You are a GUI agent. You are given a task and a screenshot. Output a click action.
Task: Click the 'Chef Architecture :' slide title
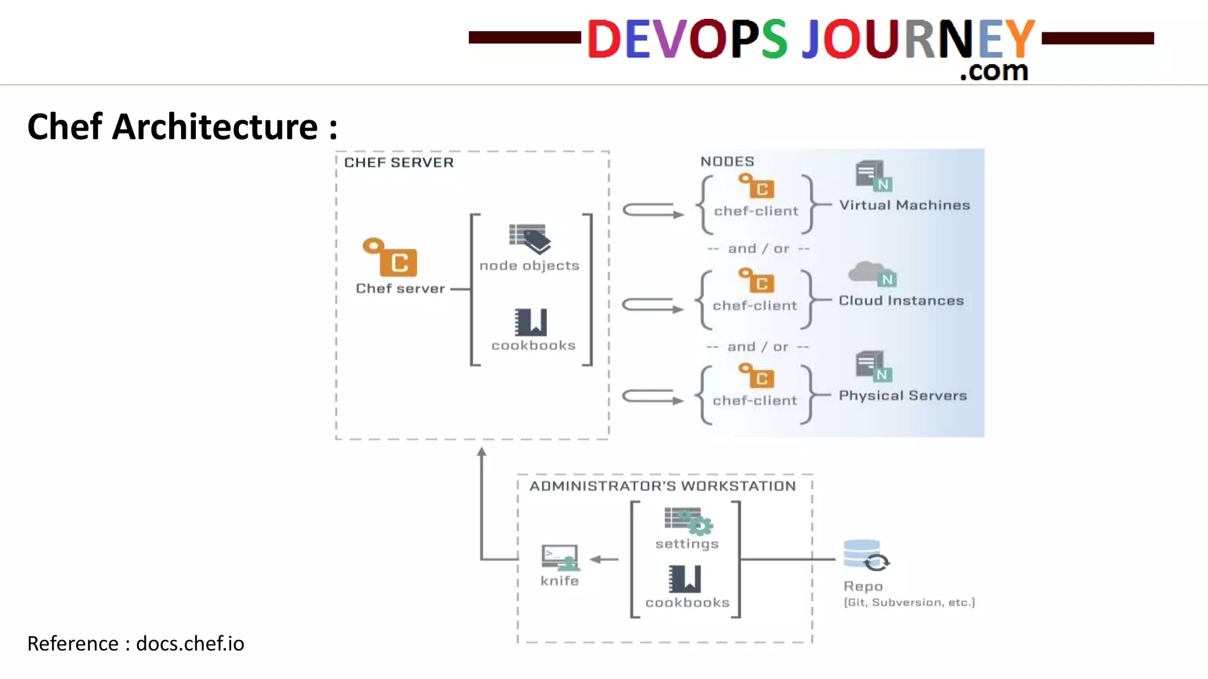coord(182,127)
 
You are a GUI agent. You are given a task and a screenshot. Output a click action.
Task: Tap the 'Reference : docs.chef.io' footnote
coord(136,644)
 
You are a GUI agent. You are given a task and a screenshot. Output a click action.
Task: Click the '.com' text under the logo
coord(994,71)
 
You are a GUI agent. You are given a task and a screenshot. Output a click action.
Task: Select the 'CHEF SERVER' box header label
coord(399,163)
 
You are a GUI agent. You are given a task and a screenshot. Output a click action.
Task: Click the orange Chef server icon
coord(391,257)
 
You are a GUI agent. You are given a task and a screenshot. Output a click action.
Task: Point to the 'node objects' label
coord(529,266)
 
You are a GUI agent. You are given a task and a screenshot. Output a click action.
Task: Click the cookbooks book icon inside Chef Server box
coord(530,322)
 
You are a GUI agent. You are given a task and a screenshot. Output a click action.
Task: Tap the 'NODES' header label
coord(727,161)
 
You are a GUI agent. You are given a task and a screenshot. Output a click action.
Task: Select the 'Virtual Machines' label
coord(904,205)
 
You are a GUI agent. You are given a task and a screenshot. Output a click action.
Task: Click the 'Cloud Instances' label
coord(901,301)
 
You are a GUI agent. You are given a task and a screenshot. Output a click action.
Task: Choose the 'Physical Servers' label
coord(902,395)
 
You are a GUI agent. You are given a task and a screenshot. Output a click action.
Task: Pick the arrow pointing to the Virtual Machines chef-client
coord(652,210)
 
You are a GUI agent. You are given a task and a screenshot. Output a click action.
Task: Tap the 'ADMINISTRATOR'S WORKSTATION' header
coord(662,486)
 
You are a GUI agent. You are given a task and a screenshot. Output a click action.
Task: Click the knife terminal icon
coord(560,557)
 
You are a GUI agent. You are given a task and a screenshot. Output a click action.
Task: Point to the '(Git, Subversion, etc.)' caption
coord(909,602)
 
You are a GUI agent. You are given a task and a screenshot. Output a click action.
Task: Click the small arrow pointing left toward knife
coord(603,559)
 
